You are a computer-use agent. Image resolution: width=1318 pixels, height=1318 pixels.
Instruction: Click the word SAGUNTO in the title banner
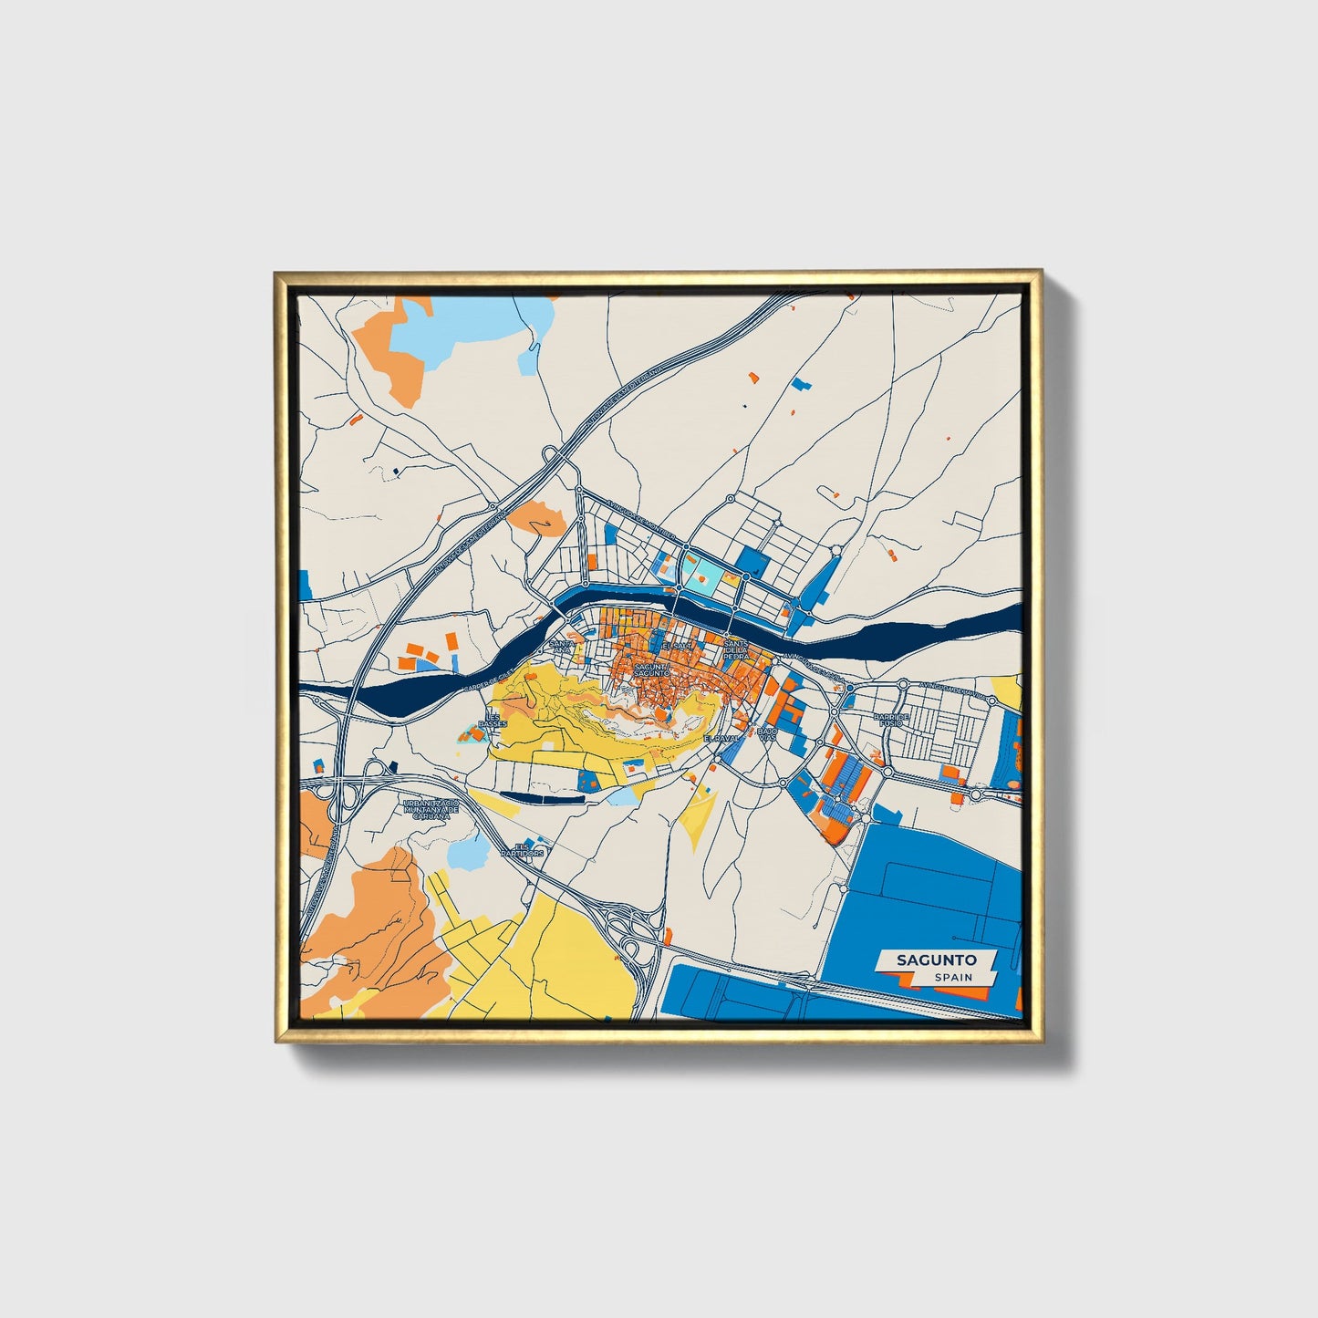click(x=936, y=960)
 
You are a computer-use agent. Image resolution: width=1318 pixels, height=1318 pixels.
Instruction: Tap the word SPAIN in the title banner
click(x=952, y=977)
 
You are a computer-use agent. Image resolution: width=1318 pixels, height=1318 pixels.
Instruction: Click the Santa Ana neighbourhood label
click(x=563, y=646)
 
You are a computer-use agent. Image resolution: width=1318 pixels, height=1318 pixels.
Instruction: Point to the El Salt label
click(x=678, y=646)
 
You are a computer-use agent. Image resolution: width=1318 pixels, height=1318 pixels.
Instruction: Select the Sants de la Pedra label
click(x=735, y=649)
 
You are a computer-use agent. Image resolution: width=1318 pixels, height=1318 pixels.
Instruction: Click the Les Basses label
click(x=493, y=721)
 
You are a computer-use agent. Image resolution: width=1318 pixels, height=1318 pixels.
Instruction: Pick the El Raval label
click(x=719, y=738)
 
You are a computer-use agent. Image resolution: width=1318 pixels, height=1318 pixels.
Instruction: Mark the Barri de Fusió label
click(x=891, y=721)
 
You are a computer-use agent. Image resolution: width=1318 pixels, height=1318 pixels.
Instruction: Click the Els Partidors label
click(x=523, y=850)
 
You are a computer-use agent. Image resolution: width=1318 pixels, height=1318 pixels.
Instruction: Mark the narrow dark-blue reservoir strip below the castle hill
click(x=542, y=797)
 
